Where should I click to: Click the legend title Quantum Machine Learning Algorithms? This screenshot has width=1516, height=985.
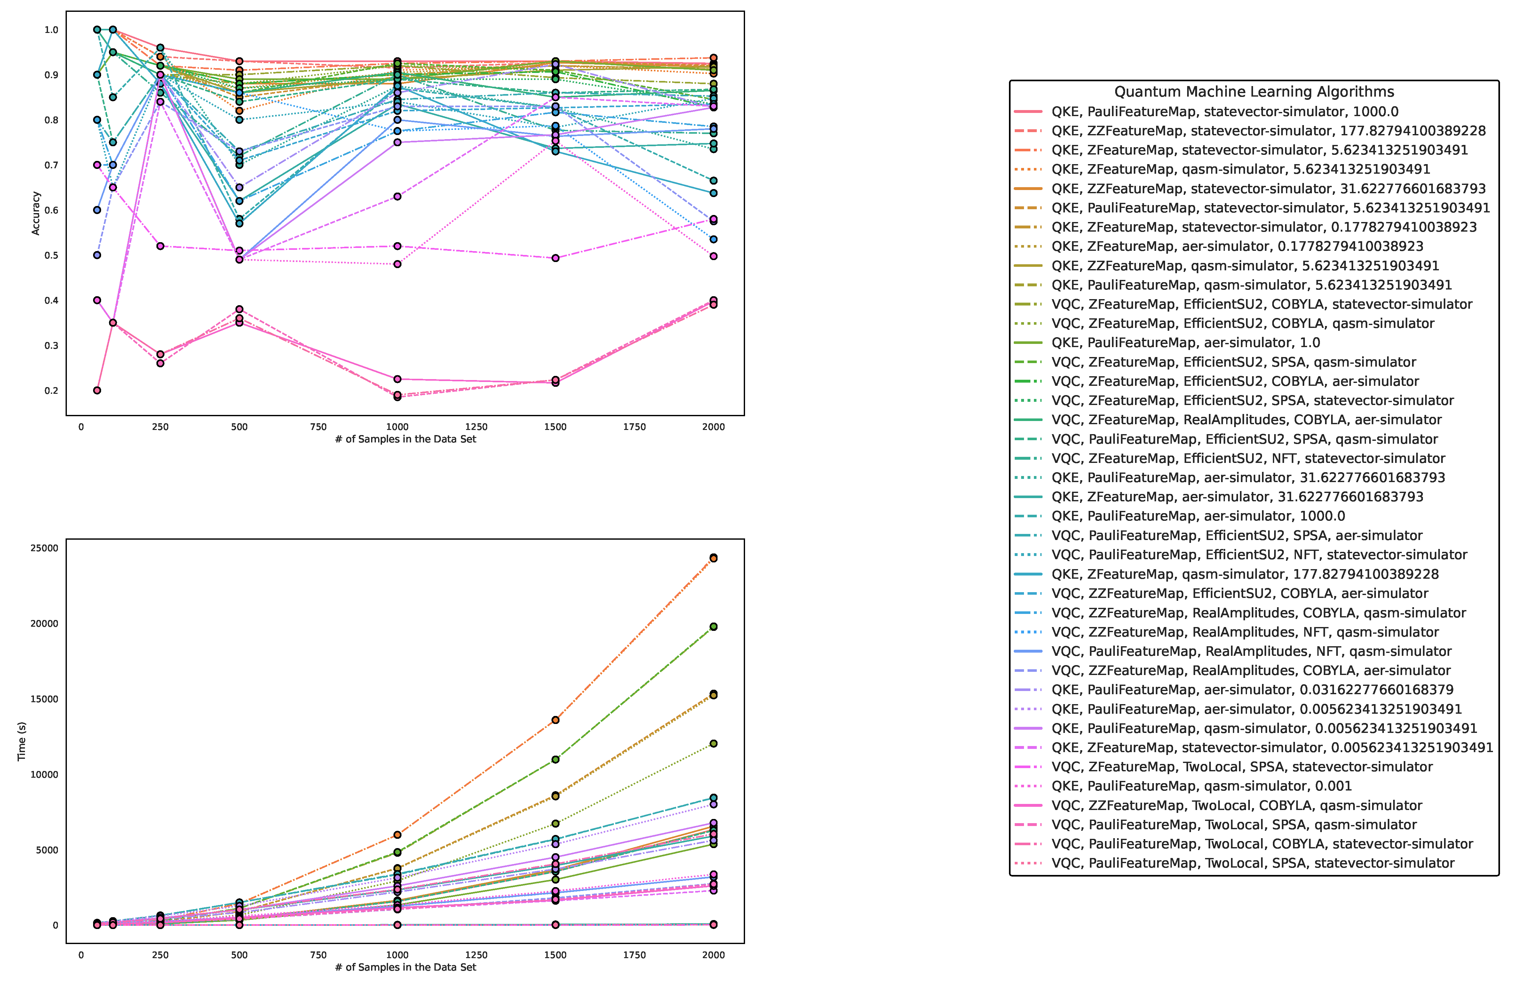1254,92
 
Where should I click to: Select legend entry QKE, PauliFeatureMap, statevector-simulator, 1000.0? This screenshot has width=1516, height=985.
1224,112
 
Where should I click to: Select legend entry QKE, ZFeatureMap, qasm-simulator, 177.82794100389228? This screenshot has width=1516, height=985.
1245,574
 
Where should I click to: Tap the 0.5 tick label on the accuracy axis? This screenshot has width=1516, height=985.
51,256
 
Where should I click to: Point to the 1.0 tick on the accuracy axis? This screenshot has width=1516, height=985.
51,30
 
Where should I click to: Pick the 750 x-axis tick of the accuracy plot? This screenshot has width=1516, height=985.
318,427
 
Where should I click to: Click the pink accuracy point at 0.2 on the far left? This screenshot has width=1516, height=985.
97,391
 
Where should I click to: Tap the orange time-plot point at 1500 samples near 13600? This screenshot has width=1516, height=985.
555,720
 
